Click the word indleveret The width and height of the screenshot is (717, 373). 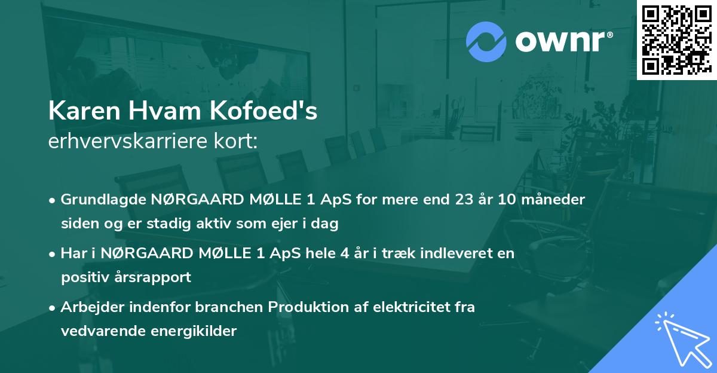[456, 253]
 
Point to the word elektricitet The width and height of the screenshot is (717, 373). [413, 307]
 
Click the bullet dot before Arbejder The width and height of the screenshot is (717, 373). [53, 308]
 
